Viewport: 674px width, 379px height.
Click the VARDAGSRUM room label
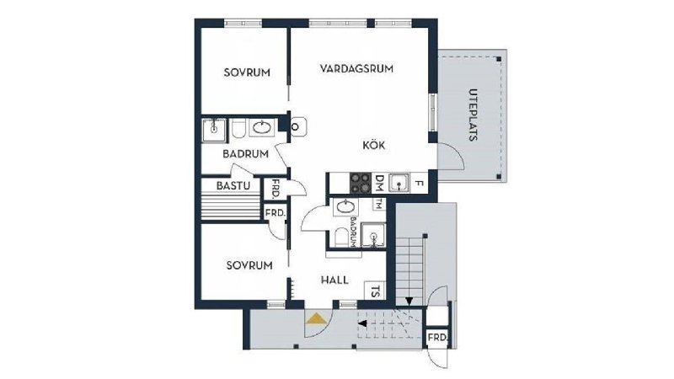click(356, 68)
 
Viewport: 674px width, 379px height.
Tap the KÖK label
click(373, 145)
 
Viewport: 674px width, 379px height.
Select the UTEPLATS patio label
click(473, 115)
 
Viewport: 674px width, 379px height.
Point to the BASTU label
click(233, 185)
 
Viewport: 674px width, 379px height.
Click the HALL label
click(334, 280)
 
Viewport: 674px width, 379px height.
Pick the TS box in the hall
click(375, 291)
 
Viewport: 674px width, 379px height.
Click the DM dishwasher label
click(379, 183)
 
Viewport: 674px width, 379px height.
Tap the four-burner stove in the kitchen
click(361, 183)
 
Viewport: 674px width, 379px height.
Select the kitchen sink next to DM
click(399, 183)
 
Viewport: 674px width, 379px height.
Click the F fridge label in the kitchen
click(419, 184)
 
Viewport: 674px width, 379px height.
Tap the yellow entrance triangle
click(317, 318)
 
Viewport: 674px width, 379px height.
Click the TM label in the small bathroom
click(378, 204)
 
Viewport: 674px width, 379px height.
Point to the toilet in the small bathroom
click(341, 238)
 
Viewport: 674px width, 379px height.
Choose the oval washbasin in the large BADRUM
click(262, 128)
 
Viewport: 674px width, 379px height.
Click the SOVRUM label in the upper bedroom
click(247, 72)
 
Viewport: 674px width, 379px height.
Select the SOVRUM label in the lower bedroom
click(249, 265)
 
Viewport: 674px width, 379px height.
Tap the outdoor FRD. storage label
click(437, 338)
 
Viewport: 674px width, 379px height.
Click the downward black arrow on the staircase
click(409, 301)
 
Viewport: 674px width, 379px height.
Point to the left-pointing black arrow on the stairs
click(362, 323)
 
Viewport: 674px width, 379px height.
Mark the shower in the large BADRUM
click(214, 130)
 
